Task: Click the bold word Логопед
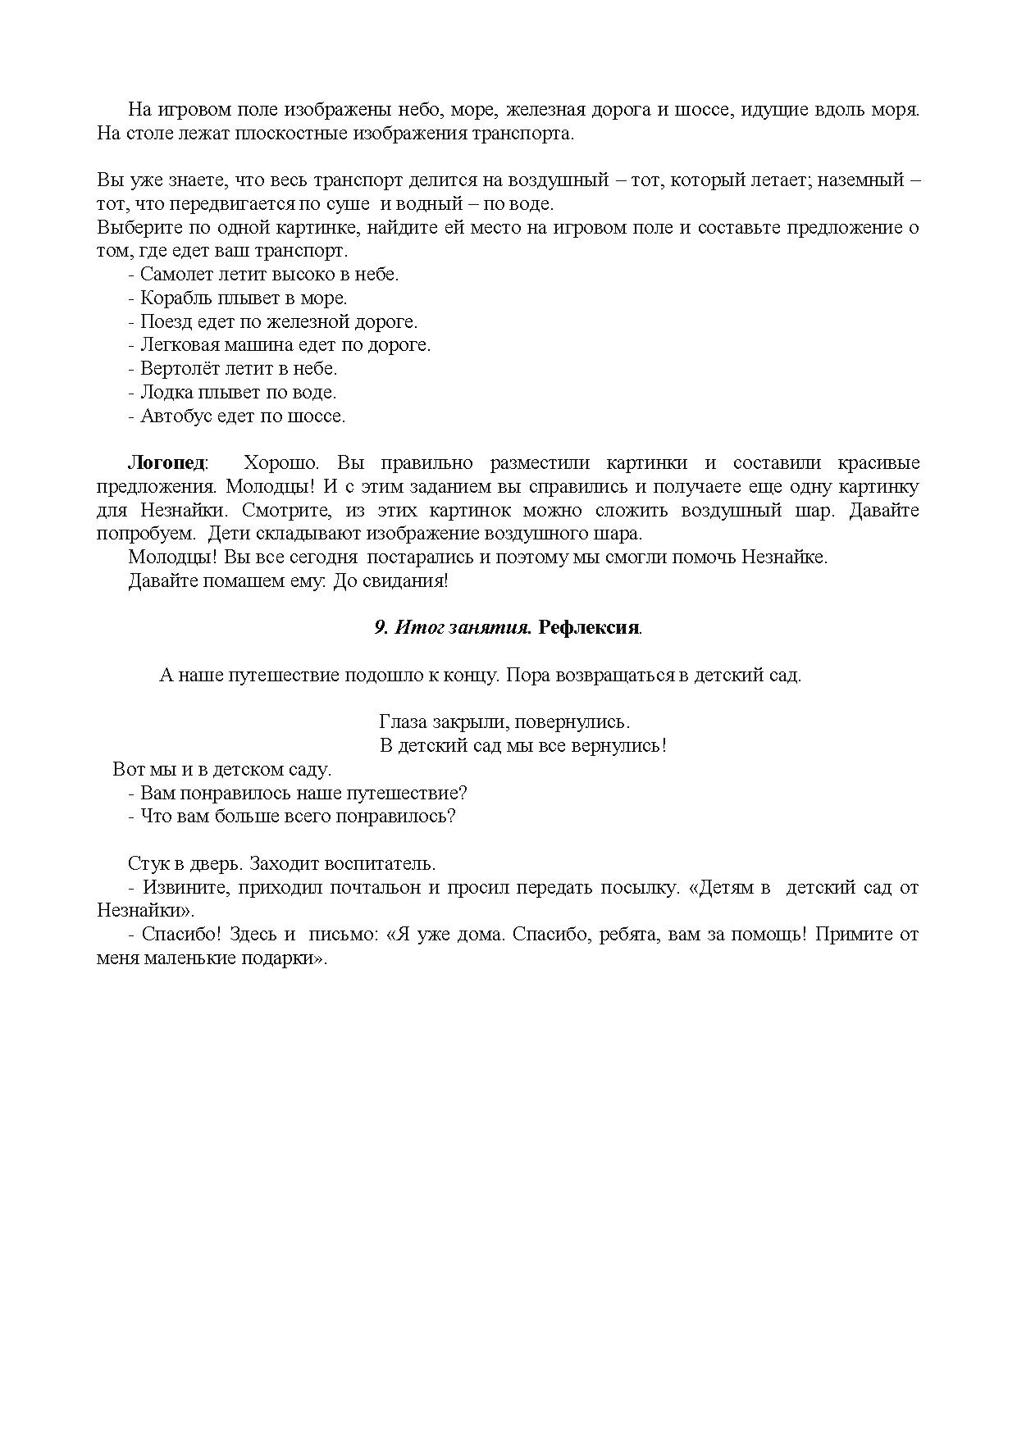point(166,463)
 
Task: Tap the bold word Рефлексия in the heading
point(589,628)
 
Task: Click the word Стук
point(148,864)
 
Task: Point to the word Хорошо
point(275,463)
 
